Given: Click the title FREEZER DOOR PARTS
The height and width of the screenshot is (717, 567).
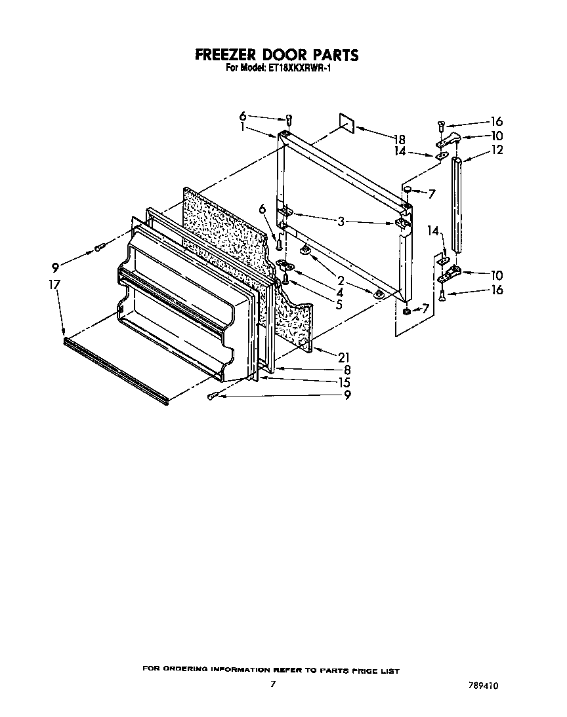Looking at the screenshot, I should [277, 54].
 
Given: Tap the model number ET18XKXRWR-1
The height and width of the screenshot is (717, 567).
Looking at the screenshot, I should [301, 67].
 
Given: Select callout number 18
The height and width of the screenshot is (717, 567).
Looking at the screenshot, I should [400, 139].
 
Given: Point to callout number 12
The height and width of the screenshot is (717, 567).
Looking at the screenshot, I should [497, 150].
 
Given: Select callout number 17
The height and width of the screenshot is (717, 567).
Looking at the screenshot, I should [54, 284].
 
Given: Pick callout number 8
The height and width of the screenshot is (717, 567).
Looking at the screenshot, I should [346, 370].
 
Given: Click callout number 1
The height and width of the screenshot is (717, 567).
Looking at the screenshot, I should [243, 128].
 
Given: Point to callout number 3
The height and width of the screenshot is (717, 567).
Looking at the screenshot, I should [341, 222].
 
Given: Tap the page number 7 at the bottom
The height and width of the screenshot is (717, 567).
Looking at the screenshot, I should [272, 684].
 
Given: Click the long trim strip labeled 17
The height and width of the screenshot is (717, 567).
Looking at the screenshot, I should [116, 370].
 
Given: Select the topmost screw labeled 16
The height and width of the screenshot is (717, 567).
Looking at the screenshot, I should [440, 125].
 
